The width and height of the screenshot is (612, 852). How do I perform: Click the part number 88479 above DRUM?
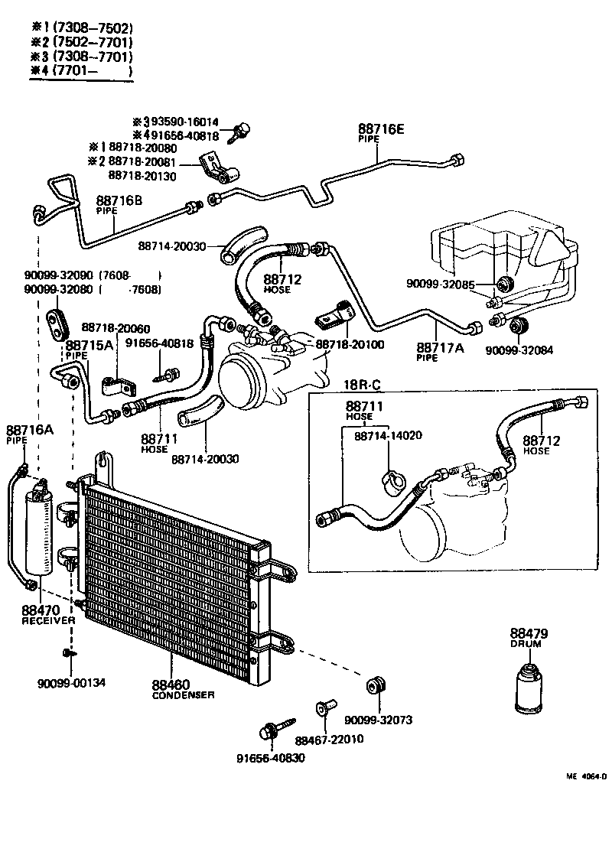pos(526,633)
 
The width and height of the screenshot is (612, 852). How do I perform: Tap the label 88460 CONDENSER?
pos(182,688)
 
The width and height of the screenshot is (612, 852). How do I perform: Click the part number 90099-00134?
pos(71,683)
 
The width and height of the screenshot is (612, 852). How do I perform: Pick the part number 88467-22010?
pos(328,739)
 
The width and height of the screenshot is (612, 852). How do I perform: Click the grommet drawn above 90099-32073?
pos(376,685)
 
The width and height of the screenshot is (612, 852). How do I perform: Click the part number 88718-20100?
pos(350,344)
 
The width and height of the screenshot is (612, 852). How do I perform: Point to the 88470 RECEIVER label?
pos(48,615)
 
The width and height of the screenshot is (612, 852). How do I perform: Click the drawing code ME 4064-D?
pos(586,776)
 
